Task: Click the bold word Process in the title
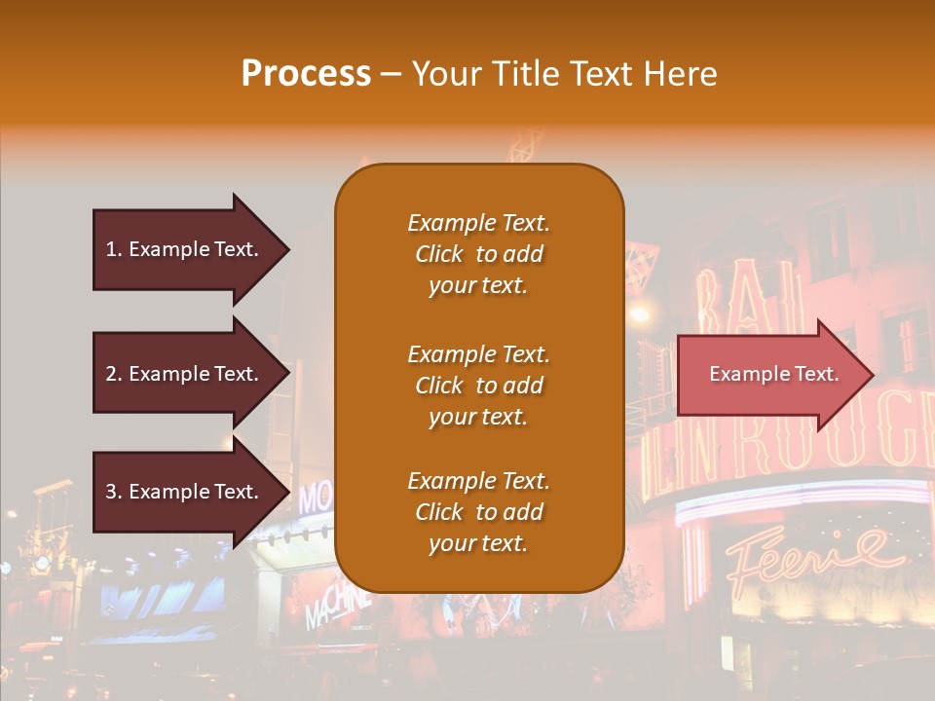coord(306,74)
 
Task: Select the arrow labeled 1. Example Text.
coord(185,249)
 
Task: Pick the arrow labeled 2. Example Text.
coord(185,374)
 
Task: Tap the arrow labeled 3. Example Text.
coord(185,492)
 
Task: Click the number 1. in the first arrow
coord(114,249)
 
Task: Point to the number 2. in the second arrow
coord(114,374)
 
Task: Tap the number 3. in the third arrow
coord(114,492)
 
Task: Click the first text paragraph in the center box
coord(478,254)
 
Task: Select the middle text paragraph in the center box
coord(478,386)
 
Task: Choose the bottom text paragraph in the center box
coord(478,512)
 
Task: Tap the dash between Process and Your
coord(391,74)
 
